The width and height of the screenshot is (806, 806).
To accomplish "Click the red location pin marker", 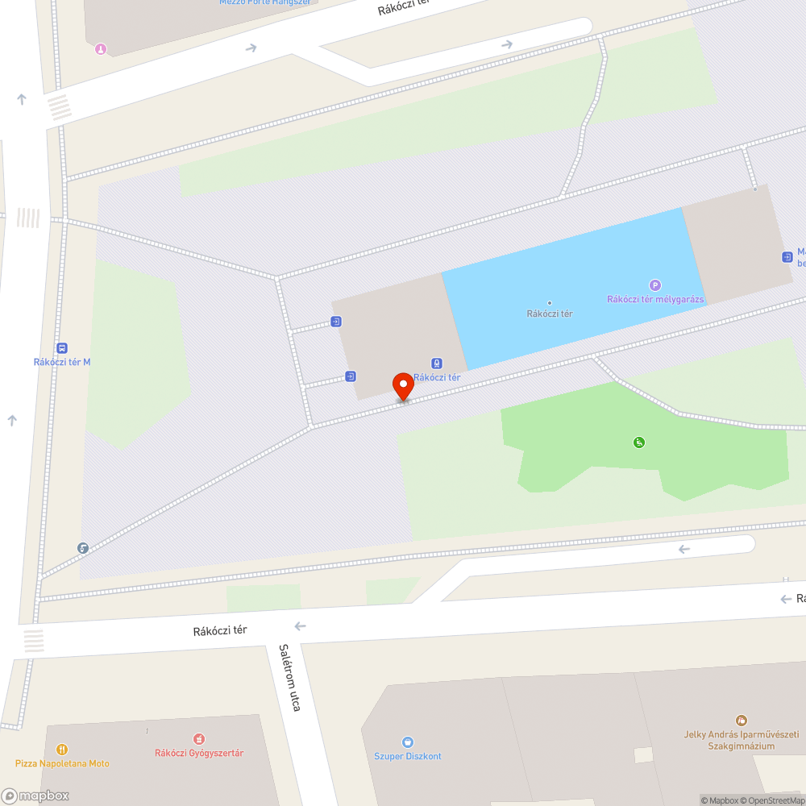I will point(403,386).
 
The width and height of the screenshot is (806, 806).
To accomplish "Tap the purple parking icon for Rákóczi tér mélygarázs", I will point(655,285).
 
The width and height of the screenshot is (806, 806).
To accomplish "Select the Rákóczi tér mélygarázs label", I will point(655,300).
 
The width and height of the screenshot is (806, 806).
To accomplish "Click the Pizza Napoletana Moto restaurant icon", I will point(62,749).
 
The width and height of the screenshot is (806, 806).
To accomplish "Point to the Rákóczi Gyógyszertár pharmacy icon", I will point(199,738).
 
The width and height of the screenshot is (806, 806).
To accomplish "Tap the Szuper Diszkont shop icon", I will point(408,742).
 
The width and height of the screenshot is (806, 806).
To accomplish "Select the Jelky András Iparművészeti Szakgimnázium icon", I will point(741,720).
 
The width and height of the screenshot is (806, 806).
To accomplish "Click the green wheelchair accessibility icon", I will point(639,442).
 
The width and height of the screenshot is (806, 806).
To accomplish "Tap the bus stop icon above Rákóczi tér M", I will point(62,348).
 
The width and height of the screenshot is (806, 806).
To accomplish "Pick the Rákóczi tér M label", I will point(62,362).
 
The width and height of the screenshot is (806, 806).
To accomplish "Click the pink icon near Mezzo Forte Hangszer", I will point(100,49).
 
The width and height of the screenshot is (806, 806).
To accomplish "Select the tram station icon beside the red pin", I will point(437,363).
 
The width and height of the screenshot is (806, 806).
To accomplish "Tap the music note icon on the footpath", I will point(83,548).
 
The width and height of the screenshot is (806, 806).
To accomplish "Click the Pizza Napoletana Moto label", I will point(62,763).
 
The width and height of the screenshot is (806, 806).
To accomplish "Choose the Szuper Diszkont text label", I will point(408,756).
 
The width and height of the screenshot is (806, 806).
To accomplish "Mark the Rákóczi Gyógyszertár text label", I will point(199,753).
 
